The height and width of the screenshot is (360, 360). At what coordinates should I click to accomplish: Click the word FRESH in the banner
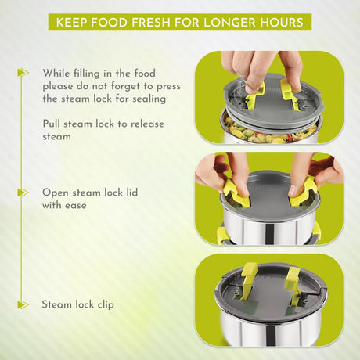point(151,22)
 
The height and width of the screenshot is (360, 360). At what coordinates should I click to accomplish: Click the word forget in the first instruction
point(125,86)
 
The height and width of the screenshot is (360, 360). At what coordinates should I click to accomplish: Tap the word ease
point(76,206)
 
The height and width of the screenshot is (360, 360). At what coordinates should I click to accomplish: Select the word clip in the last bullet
point(106,305)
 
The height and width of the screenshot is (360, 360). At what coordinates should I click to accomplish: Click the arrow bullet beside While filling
point(23,73)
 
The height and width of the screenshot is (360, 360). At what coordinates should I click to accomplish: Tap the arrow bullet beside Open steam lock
point(23,193)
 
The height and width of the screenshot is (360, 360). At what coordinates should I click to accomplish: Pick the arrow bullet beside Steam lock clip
point(23,304)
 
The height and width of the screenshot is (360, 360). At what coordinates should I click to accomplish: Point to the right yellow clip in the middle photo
point(303,192)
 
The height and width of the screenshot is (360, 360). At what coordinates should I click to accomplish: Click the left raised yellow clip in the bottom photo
point(248,280)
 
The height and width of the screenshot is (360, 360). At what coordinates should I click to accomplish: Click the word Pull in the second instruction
point(52,124)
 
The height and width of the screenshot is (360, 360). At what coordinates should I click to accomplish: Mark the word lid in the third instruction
point(131,193)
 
